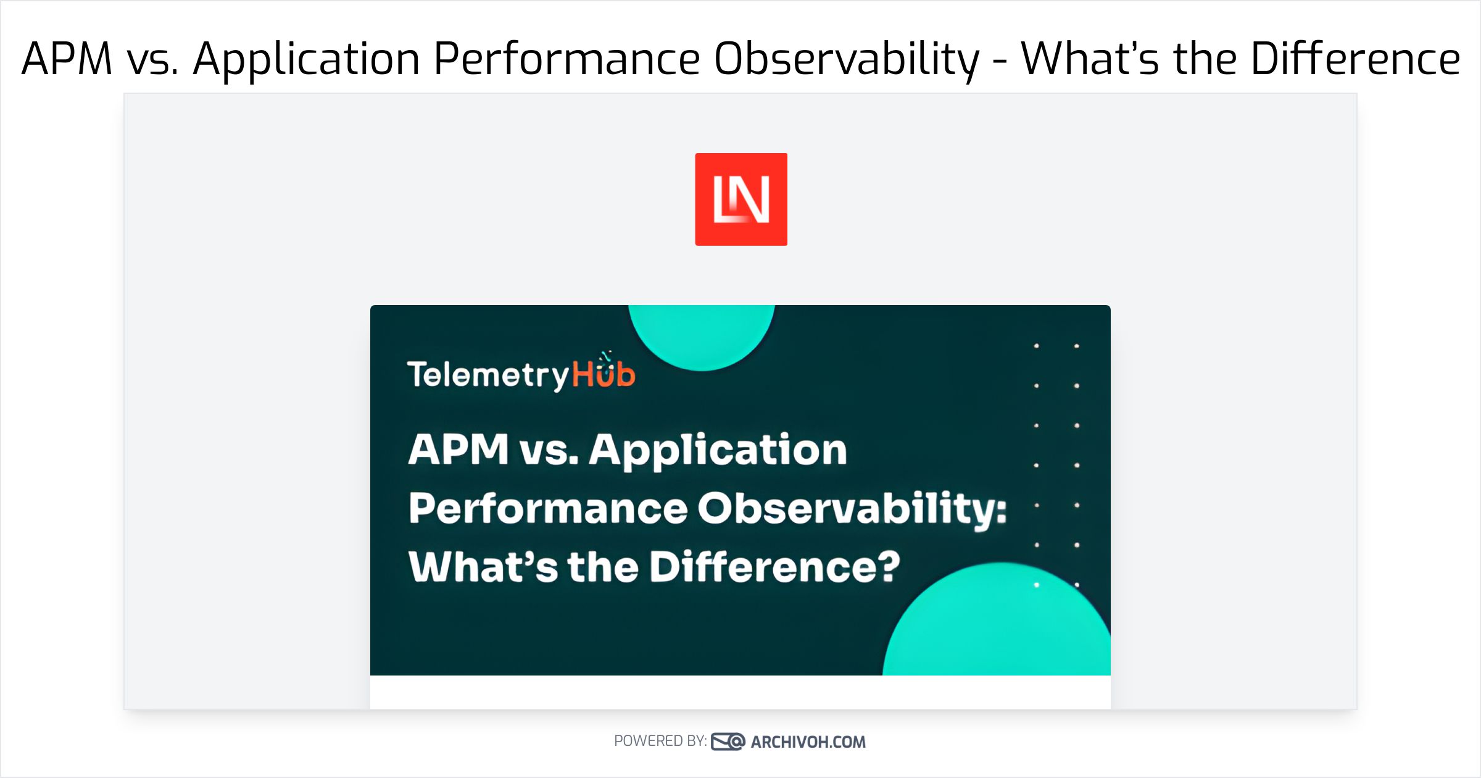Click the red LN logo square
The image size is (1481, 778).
point(740,199)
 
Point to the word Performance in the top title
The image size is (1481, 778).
point(566,59)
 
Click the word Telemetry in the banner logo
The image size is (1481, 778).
point(487,375)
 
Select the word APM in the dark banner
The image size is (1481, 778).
point(458,449)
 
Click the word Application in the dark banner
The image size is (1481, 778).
point(718,450)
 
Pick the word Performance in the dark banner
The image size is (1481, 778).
point(548,509)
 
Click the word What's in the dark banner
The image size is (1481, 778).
point(483,567)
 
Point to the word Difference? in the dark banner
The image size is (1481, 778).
point(774,567)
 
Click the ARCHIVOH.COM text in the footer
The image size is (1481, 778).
point(808,742)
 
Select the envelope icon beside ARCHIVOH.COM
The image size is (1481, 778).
point(728,742)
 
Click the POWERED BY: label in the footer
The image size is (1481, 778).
point(660,741)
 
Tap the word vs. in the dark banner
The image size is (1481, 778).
point(549,450)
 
